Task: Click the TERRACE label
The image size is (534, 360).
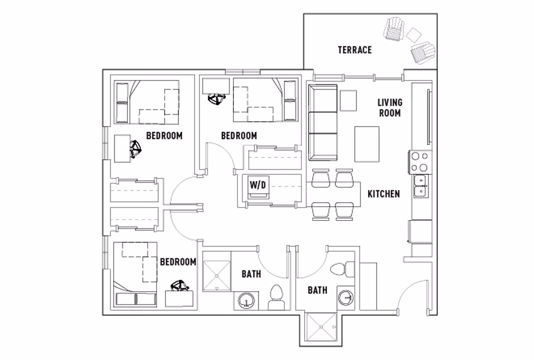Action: click(x=355, y=50)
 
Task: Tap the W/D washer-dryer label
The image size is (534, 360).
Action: click(x=258, y=185)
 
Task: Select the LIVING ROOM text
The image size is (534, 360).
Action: click(x=390, y=108)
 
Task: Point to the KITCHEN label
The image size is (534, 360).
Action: click(x=384, y=194)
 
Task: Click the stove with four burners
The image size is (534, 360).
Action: click(x=420, y=162)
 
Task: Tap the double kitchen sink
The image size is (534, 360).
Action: click(x=421, y=186)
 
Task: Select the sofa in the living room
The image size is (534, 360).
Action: click(x=323, y=123)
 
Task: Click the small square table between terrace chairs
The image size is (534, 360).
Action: click(x=413, y=34)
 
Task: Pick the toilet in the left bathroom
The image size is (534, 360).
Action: click(x=276, y=297)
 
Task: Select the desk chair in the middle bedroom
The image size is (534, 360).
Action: click(x=217, y=99)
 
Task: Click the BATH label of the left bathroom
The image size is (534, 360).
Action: click(x=251, y=274)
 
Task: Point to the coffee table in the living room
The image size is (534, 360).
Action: click(x=367, y=144)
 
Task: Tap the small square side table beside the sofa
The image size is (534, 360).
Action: click(x=348, y=100)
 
